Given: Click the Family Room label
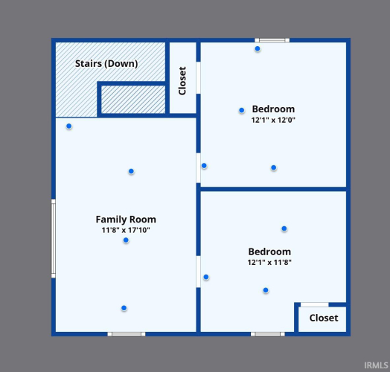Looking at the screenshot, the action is [x=126, y=219].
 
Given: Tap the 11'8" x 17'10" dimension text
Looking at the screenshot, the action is [x=126, y=230].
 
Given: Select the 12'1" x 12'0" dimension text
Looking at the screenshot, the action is [x=273, y=120].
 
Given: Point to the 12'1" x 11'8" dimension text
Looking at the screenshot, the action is [x=269, y=262].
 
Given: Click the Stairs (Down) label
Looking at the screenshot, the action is [x=106, y=64].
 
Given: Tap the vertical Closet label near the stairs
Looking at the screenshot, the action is [x=182, y=80].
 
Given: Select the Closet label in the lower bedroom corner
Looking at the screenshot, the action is [x=324, y=318].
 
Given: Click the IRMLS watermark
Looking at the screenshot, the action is [x=376, y=365].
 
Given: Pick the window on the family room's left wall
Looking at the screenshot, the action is [x=54, y=239].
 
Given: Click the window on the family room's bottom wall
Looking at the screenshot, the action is [x=127, y=334].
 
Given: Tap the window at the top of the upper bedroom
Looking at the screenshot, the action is [x=272, y=40].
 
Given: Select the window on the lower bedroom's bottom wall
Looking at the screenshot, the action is [x=268, y=334].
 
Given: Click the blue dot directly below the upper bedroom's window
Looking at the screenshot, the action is [x=258, y=49].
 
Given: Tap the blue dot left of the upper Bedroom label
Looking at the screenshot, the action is [x=241, y=110].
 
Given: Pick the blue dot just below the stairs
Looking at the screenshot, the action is [x=69, y=126].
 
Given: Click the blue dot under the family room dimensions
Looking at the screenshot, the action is [x=126, y=240].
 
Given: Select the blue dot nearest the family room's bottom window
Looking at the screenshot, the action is [x=124, y=308].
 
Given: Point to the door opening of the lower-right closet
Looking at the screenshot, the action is [x=315, y=304].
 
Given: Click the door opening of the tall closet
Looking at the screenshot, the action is [x=198, y=78].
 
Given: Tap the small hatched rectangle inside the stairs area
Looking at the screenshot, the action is [x=133, y=100].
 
